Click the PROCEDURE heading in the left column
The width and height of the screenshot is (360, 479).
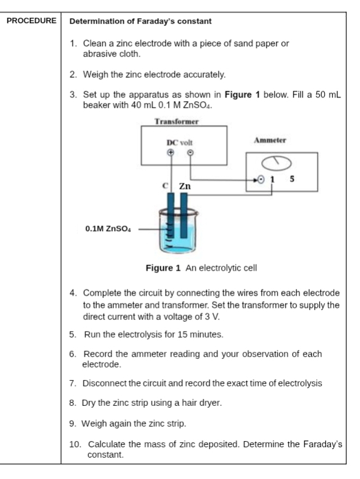click(x=32, y=21)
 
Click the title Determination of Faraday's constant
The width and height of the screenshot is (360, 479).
click(x=141, y=21)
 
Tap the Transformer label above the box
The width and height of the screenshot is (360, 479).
click(x=177, y=122)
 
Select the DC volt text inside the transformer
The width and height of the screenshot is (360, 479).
click(x=180, y=143)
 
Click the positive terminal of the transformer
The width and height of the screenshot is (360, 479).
click(x=171, y=152)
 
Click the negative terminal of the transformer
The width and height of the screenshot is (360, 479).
click(x=190, y=152)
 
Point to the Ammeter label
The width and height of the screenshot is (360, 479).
click(x=270, y=140)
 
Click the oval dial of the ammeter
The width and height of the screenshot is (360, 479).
click(x=276, y=163)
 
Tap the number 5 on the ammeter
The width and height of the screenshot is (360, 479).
click(x=292, y=179)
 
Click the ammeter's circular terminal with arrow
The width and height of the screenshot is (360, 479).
click(x=261, y=179)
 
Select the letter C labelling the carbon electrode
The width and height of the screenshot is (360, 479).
click(x=165, y=185)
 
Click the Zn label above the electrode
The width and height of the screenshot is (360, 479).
click(x=185, y=186)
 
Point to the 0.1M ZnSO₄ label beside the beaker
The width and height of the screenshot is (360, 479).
click(x=108, y=229)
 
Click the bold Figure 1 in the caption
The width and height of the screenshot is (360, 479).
click(x=163, y=268)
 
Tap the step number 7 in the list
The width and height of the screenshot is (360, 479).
click(x=72, y=383)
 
